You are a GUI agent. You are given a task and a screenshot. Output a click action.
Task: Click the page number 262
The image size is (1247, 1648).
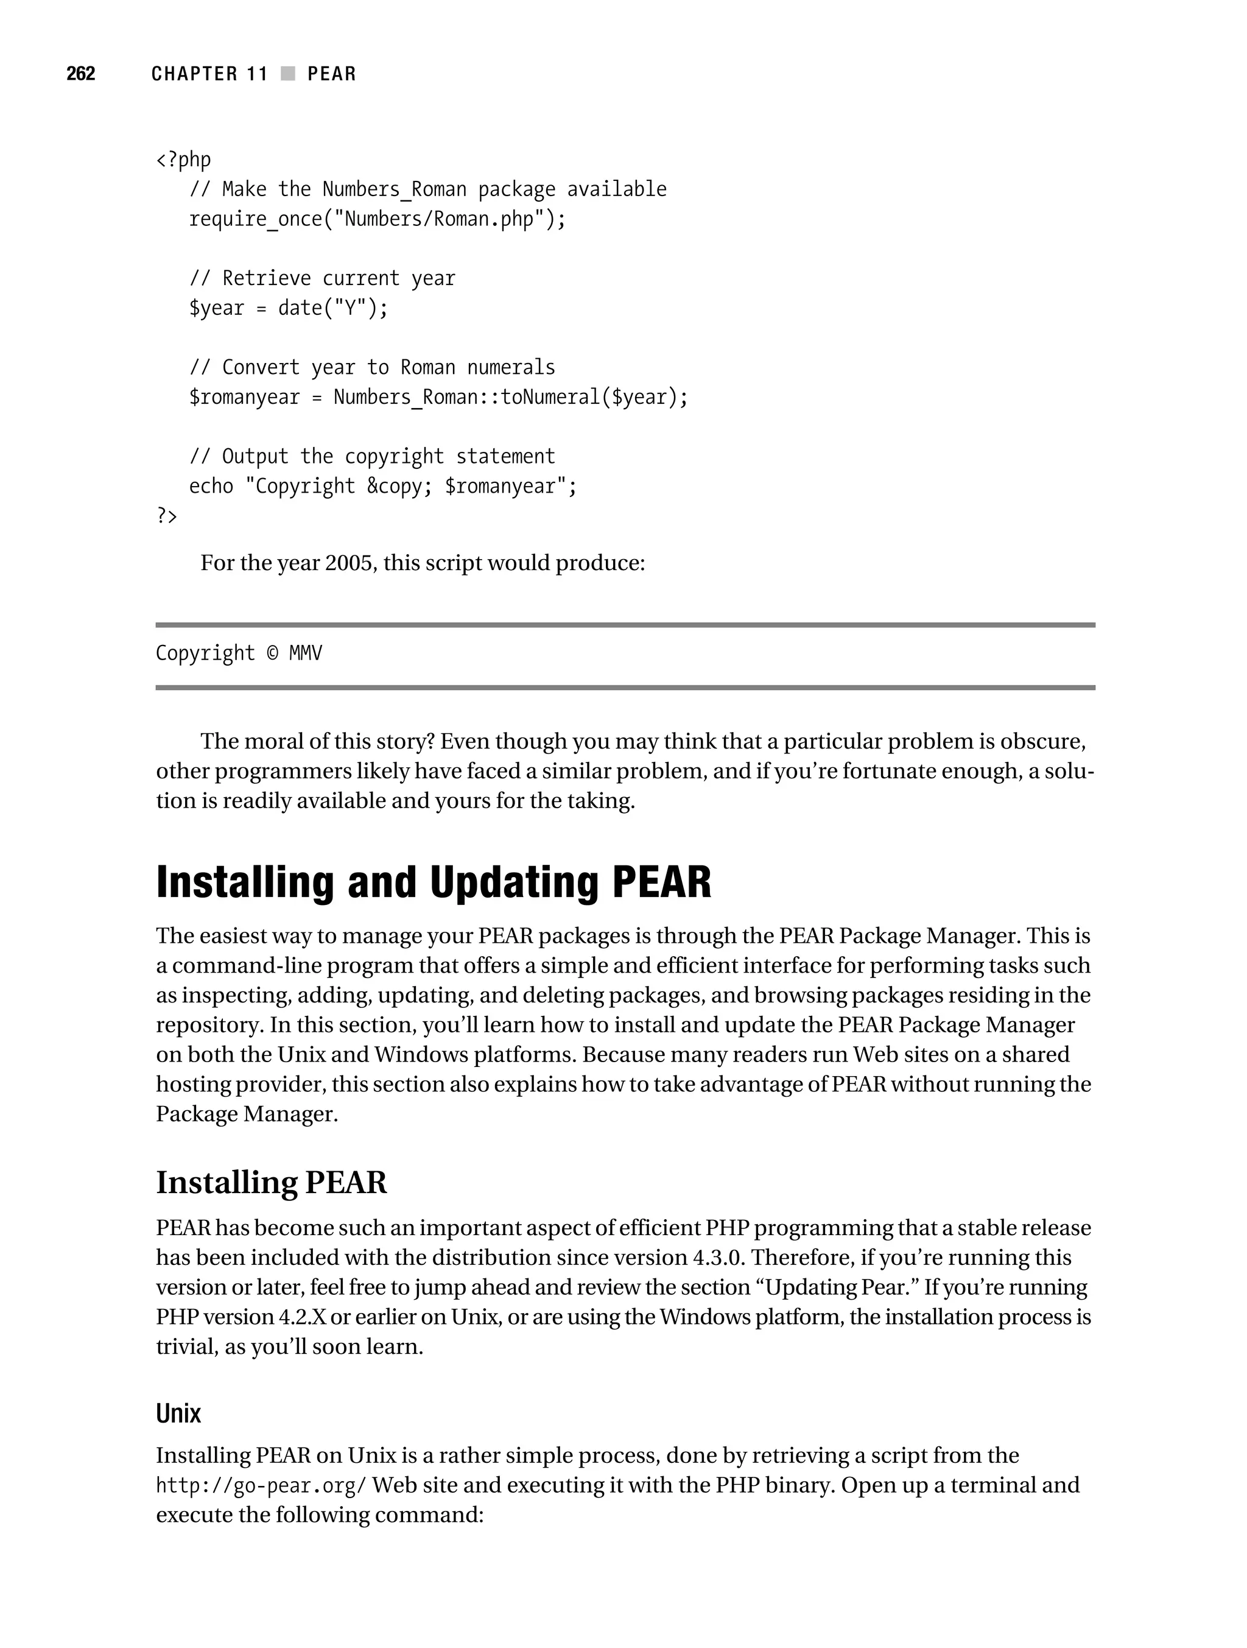coord(80,74)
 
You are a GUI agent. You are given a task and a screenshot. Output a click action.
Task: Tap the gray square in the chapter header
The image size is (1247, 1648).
coord(287,74)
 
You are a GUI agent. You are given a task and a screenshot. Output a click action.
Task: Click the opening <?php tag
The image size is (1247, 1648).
coord(183,160)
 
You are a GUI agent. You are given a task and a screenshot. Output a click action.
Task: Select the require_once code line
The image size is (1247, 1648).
coord(377,219)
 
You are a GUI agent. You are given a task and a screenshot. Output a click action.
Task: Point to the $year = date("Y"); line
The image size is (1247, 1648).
coord(288,308)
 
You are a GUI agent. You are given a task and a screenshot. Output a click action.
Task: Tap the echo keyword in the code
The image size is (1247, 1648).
coord(211,486)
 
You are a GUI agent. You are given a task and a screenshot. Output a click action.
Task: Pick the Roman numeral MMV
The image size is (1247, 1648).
coord(306,653)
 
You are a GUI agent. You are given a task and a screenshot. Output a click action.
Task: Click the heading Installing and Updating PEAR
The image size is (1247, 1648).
coord(434,882)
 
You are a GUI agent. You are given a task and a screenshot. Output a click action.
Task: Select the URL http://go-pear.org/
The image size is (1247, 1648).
coord(261,1485)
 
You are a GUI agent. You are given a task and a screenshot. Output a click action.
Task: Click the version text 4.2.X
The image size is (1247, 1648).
coord(303,1317)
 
